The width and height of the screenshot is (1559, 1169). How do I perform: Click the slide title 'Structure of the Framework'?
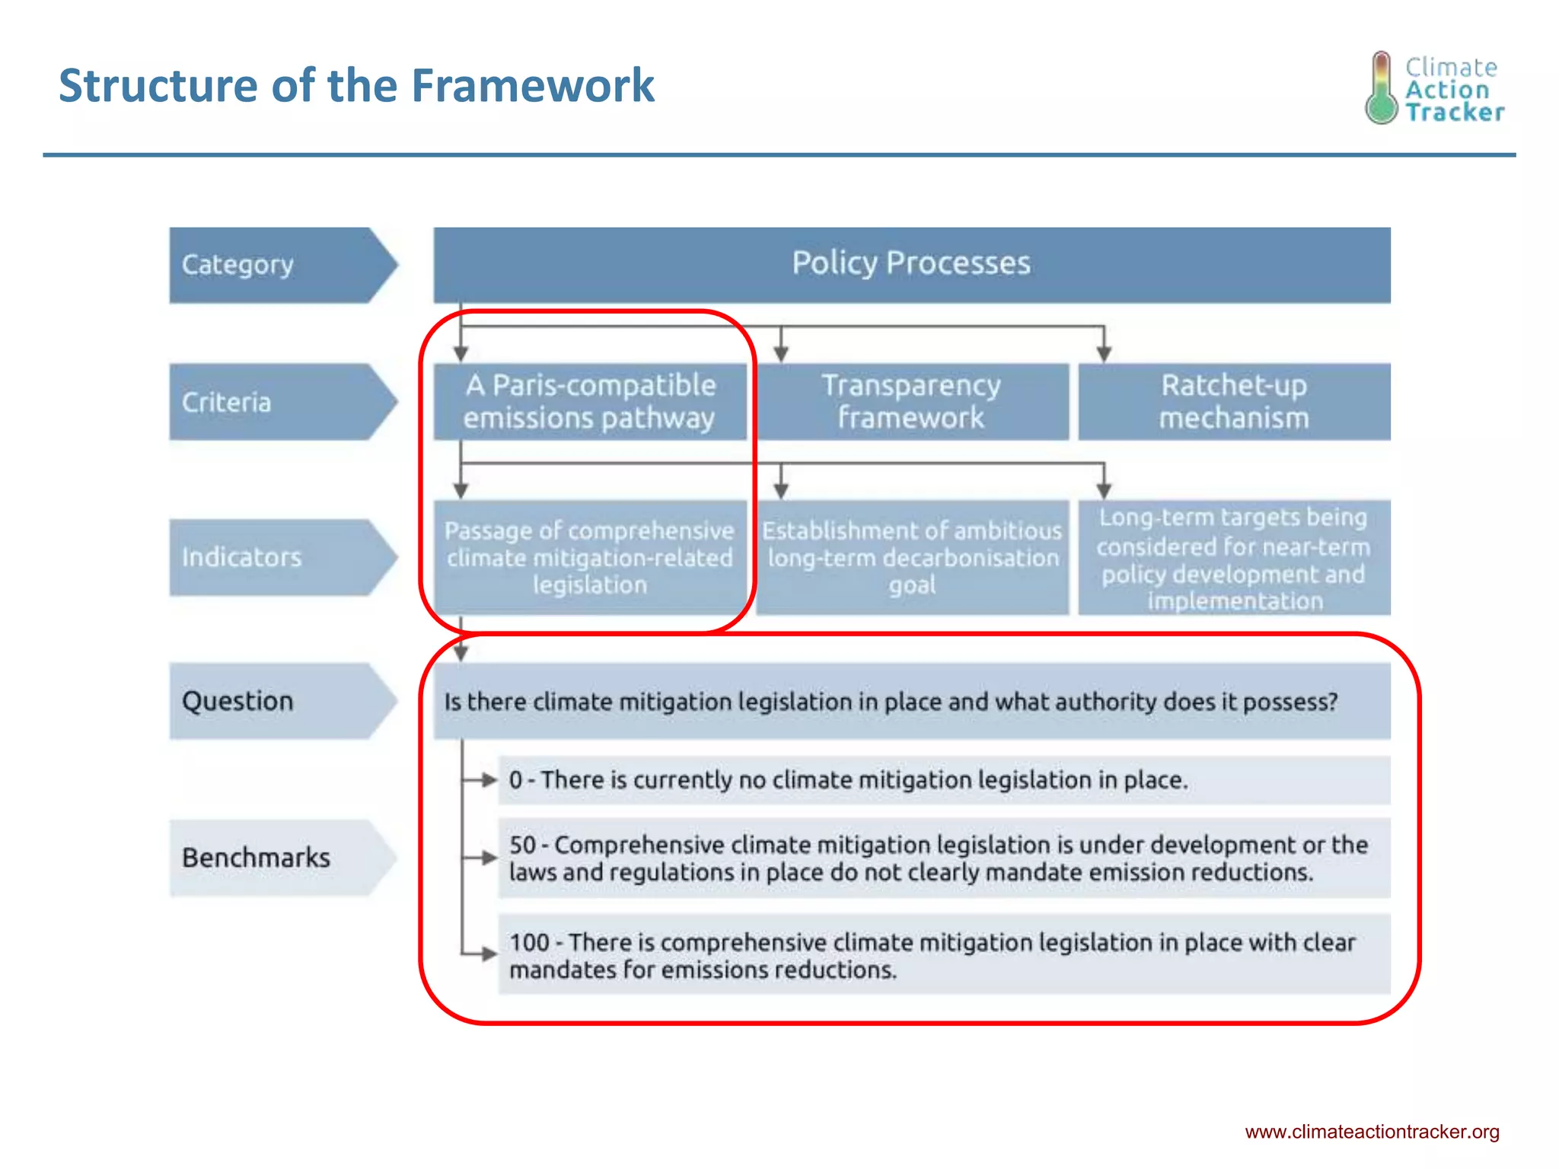pyautogui.click(x=356, y=85)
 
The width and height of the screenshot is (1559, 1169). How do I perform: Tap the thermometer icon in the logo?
pyautogui.click(x=1381, y=88)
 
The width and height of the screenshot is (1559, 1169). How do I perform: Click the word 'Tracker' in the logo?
pyautogui.click(x=1454, y=113)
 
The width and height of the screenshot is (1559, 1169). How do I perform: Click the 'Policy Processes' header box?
pyautogui.click(x=911, y=264)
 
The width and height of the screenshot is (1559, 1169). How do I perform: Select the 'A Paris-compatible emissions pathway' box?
pyautogui.click(x=590, y=402)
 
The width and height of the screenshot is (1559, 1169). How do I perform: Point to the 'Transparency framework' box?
pyautogui.click(x=911, y=402)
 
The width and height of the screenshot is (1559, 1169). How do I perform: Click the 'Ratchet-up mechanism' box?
pyautogui.click(x=1234, y=402)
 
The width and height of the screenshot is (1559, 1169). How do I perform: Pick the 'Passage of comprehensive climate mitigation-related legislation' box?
pyautogui.click(x=590, y=557)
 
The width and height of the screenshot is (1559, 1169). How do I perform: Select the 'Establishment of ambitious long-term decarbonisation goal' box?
pyautogui.click(x=911, y=557)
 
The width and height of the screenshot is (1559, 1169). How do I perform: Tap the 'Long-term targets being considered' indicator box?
pyautogui.click(x=1234, y=557)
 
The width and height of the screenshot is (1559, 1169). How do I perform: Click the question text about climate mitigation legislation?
pyautogui.click(x=891, y=701)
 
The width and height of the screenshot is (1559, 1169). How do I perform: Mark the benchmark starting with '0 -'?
pyautogui.click(x=944, y=780)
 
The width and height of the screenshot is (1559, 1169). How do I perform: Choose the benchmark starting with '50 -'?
pyautogui.click(x=944, y=858)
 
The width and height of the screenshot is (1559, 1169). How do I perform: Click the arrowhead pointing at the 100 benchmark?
pyautogui.click(x=489, y=954)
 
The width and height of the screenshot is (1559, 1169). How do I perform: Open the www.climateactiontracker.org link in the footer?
pyautogui.click(x=1372, y=1132)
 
